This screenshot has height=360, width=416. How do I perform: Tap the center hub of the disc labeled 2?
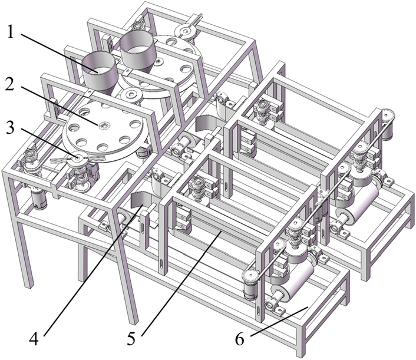pyautogui.click(x=104, y=125)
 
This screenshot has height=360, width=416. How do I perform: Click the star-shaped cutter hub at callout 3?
pyautogui.click(x=76, y=157)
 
